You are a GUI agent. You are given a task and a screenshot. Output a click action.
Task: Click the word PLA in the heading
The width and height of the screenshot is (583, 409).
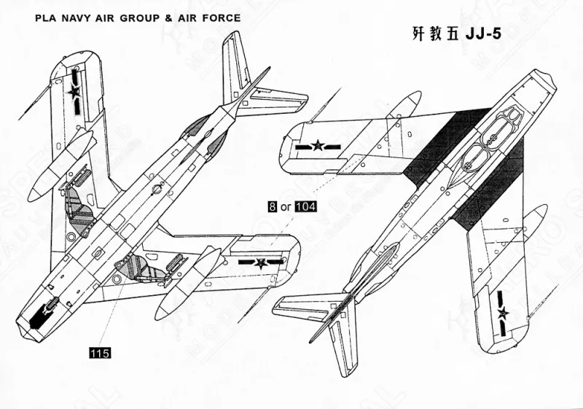tap(46, 16)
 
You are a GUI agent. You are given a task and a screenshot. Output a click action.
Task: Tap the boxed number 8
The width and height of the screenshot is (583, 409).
tap(272, 207)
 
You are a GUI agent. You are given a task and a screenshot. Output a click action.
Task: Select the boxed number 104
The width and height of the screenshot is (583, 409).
tap(306, 207)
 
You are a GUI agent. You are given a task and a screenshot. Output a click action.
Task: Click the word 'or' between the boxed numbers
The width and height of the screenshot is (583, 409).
tap(286, 207)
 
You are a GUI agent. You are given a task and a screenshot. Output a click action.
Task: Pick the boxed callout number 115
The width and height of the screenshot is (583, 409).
tap(99, 353)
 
